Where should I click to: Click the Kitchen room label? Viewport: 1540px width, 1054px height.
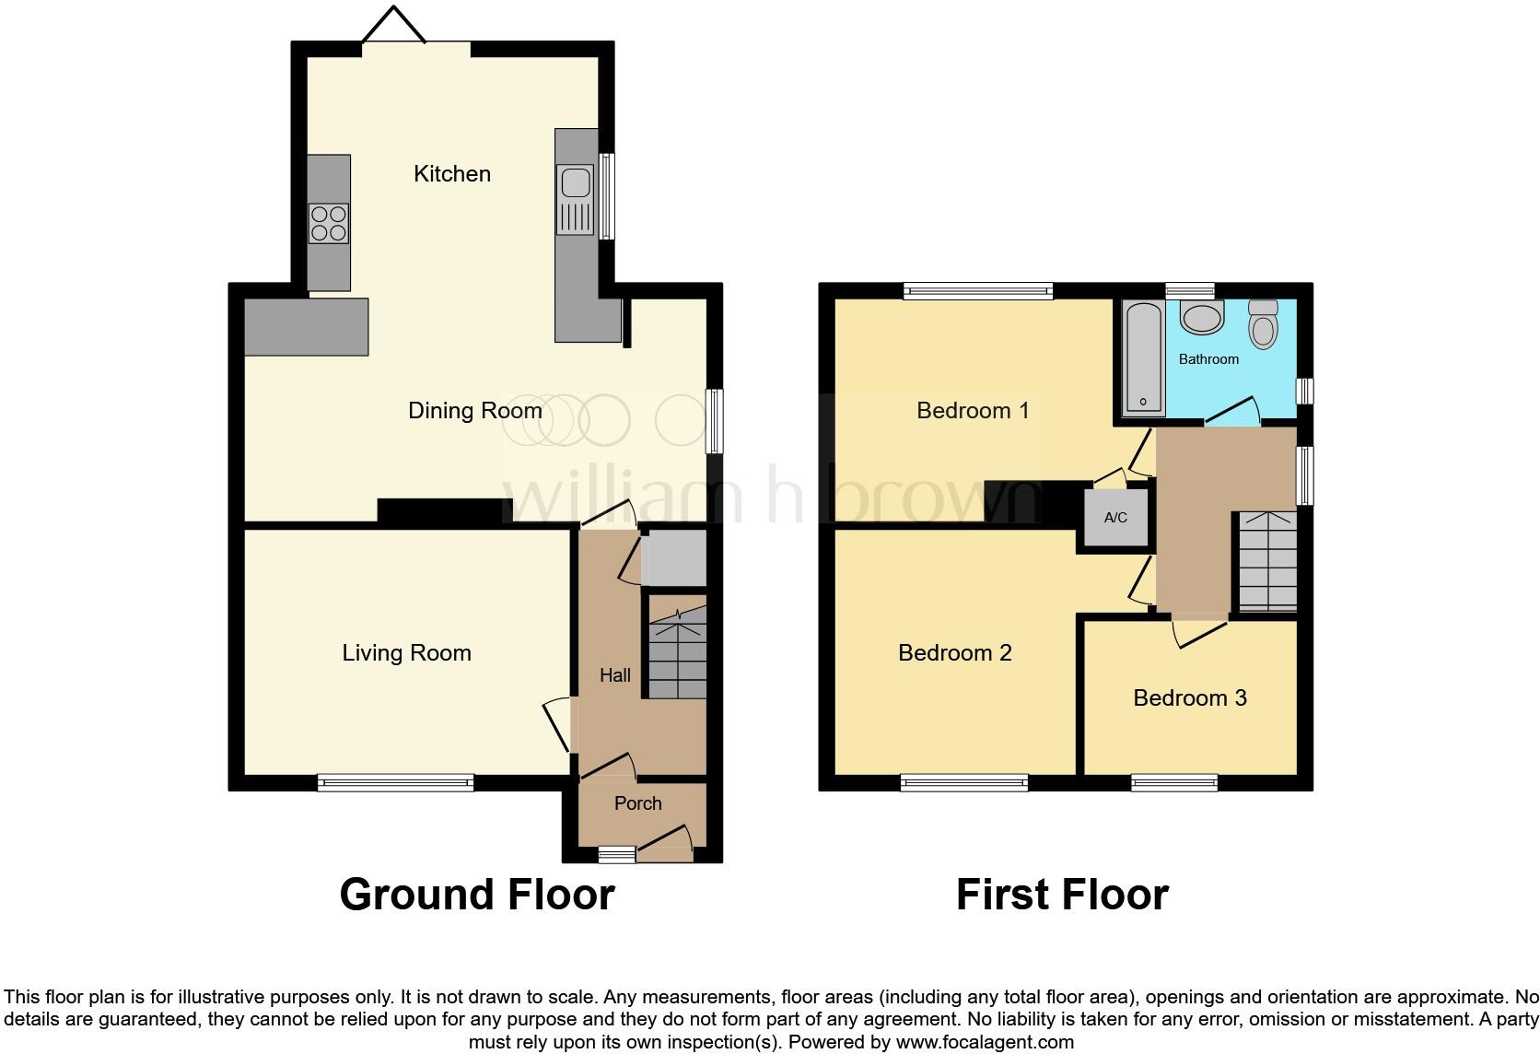click(x=452, y=174)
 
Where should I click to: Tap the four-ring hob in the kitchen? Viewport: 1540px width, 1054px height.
click(x=329, y=224)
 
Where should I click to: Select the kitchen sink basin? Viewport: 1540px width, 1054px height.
click(x=575, y=183)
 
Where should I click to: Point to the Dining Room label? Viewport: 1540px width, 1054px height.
click(x=475, y=411)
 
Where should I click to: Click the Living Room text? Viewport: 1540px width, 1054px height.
click(x=407, y=653)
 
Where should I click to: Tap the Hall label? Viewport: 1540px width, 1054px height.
click(x=614, y=676)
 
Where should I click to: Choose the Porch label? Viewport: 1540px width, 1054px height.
click(x=638, y=803)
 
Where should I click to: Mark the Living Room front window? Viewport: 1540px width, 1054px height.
click(x=395, y=782)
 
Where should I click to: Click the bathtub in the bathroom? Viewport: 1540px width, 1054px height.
click(x=1143, y=358)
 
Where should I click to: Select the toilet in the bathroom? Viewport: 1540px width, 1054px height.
click(x=1263, y=323)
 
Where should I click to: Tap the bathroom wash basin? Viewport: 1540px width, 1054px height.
click(x=1202, y=317)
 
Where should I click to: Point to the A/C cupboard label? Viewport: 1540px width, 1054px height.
click(x=1115, y=518)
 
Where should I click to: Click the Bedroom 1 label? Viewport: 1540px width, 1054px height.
click(x=973, y=411)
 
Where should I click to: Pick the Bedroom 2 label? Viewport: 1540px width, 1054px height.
click(x=955, y=653)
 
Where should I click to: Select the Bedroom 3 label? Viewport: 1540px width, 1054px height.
click(x=1190, y=698)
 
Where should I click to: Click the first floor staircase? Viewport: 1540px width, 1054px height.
click(x=1267, y=562)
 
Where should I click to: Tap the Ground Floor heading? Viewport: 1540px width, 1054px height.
click(x=477, y=895)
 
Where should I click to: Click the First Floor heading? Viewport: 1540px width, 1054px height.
click(x=1062, y=895)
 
